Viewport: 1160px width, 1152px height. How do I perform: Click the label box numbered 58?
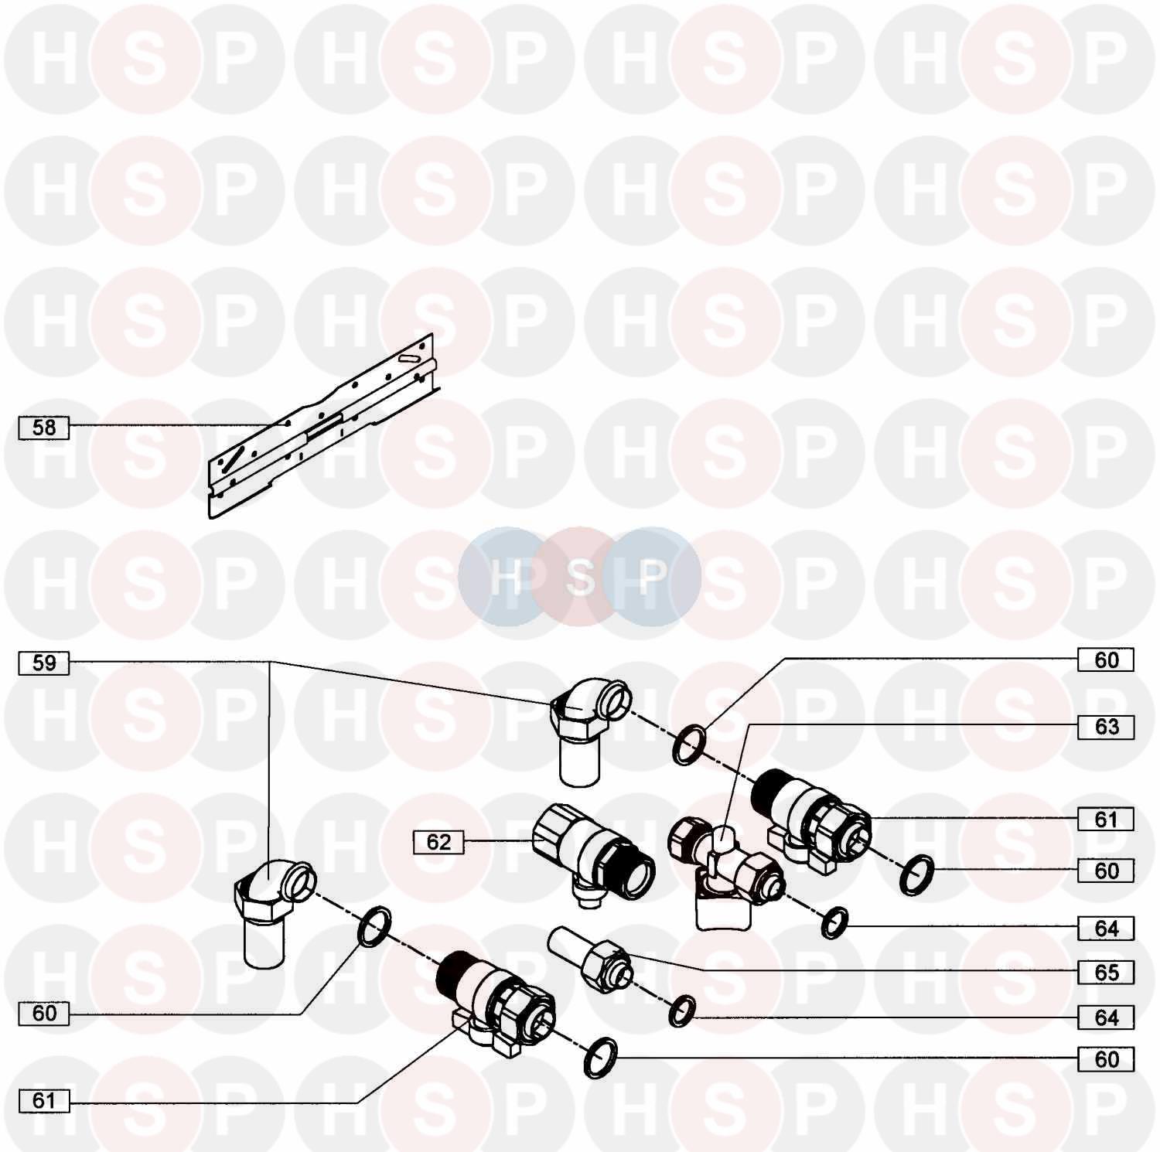tap(44, 428)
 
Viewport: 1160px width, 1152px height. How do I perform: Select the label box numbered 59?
tap(44, 663)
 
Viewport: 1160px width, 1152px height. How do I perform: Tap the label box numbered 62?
tap(438, 842)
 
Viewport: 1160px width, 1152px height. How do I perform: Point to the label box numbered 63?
tap(1106, 727)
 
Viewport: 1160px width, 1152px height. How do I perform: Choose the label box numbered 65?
tap(1106, 972)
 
